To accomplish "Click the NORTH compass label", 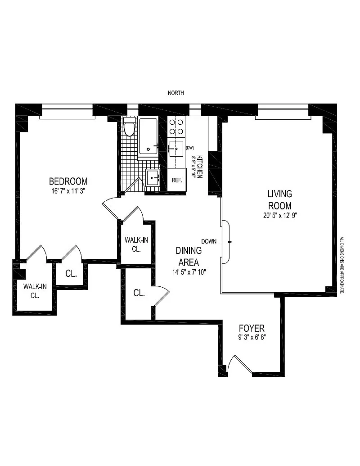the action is click(x=176, y=93).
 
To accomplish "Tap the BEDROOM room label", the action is click(x=68, y=181).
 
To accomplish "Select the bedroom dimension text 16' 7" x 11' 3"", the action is click(x=68, y=191).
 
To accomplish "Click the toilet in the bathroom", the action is click(x=129, y=127).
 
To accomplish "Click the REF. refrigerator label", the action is click(x=177, y=180).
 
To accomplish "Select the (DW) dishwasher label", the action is click(x=189, y=147).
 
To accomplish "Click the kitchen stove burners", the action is click(x=176, y=127).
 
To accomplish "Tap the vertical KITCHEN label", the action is click(x=200, y=167).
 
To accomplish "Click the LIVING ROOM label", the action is click(x=280, y=200).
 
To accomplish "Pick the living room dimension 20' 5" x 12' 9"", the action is click(x=280, y=216).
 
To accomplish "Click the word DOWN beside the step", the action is click(x=209, y=241).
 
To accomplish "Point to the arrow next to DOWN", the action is click(x=226, y=242).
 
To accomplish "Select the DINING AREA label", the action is click(x=189, y=256).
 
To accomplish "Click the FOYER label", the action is click(x=252, y=328).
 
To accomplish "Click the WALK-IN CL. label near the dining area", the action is click(x=136, y=244).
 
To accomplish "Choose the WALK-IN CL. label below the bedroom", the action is click(x=35, y=291).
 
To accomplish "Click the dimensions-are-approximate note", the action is click(x=342, y=265).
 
